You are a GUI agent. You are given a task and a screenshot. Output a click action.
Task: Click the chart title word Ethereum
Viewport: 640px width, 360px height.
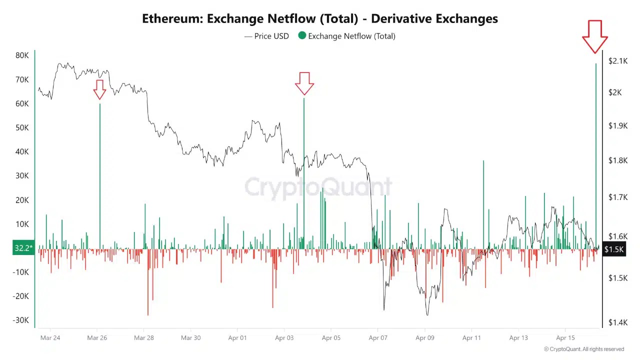[172, 19]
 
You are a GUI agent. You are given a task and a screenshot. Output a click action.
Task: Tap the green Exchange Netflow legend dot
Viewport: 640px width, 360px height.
[301, 35]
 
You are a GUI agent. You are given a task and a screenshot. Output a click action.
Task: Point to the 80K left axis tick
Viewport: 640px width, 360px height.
[22, 55]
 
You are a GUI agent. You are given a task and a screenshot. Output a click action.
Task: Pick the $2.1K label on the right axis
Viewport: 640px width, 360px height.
[617, 61]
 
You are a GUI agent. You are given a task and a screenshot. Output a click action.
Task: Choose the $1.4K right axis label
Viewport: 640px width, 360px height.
[617, 322]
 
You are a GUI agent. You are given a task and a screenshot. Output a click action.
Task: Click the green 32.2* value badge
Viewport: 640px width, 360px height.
[23, 248]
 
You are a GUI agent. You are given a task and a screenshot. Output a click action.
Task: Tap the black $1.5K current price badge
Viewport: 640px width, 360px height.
[614, 249]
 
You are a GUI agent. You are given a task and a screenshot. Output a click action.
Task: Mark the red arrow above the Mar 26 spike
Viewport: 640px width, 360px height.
[99, 89]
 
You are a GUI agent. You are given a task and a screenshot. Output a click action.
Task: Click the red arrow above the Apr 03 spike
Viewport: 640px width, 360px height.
[304, 83]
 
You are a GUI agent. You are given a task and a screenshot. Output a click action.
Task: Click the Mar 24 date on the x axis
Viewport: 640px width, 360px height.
[50, 338]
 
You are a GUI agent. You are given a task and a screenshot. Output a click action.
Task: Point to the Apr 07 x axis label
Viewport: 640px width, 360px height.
[378, 338]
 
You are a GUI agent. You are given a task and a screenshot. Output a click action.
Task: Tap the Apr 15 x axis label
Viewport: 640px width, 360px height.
[565, 338]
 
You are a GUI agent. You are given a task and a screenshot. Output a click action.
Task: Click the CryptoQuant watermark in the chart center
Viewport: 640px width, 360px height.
[318, 187]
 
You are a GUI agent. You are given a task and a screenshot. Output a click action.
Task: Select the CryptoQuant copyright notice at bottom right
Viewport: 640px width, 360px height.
[584, 349]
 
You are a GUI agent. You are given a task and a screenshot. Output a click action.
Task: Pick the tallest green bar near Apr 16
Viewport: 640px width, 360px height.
[595, 150]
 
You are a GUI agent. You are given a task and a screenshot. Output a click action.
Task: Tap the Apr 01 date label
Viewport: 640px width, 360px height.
[237, 338]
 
